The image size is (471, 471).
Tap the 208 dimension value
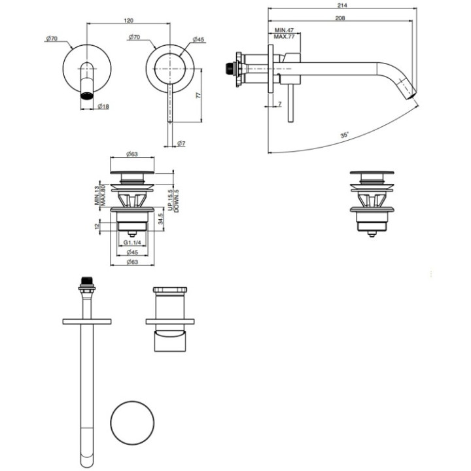340,18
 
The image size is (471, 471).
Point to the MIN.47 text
284,31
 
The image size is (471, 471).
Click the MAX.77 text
284,38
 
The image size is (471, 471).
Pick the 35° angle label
344,135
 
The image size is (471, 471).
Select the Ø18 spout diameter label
103,106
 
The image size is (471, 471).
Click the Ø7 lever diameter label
181,143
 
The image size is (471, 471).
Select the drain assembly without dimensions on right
372,203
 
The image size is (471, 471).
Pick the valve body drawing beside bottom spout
170,319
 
